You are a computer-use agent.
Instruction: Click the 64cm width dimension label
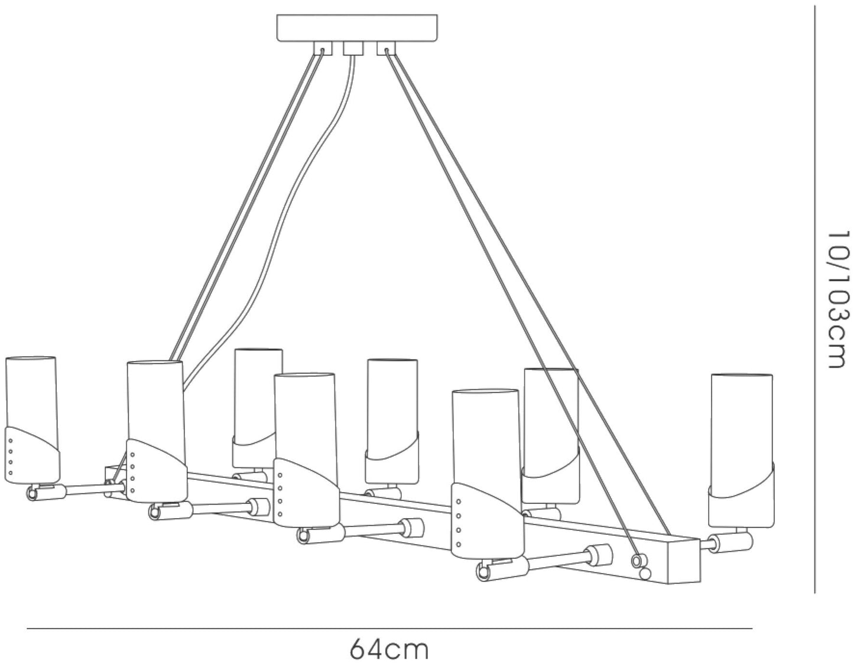pyautogui.click(x=388, y=650)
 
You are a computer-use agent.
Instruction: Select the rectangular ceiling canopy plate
pyautogui.click(x=357, y=28)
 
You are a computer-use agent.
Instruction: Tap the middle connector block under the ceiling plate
pyautogui.click(x=352, y=48)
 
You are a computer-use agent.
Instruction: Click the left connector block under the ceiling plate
pyautogui.click(x=323, y=48)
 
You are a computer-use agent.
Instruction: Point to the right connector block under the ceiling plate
pyautogui.click(x=387, y=48)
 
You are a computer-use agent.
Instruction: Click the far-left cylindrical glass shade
pyautogui.click(x=33, y=420)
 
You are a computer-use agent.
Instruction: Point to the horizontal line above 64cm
pyautogui.click(x=389, y=629)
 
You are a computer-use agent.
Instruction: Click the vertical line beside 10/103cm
pyautogui.click(x=814, y=300)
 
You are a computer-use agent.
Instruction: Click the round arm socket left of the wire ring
pyautogui.click(x=599, y=555)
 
